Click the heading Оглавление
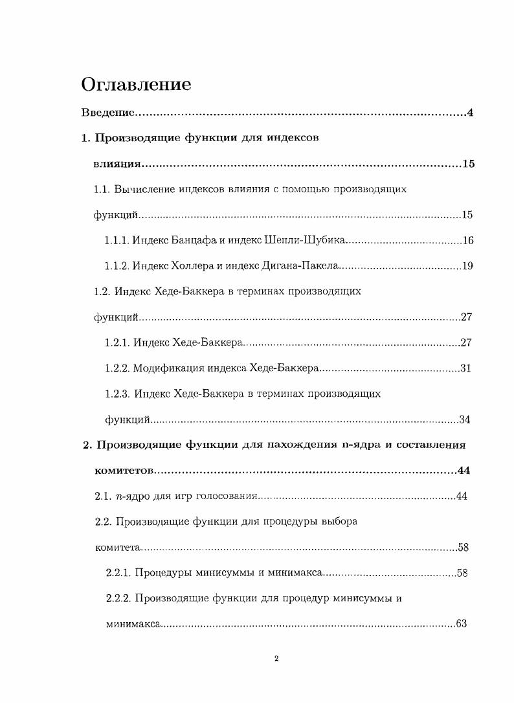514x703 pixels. (136, 85)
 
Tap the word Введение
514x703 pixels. (107, 113)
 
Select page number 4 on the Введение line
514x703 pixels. (471, 113)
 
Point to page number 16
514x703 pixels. (468, 241)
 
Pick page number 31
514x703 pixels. (465, 368)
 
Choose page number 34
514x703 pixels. (465, 419)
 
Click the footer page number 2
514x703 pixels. (276, 659)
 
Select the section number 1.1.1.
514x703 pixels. (117, 241)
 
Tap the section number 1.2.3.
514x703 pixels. (117, 394)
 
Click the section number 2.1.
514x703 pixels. (103, 496)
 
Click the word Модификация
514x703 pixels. (168, 368)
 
